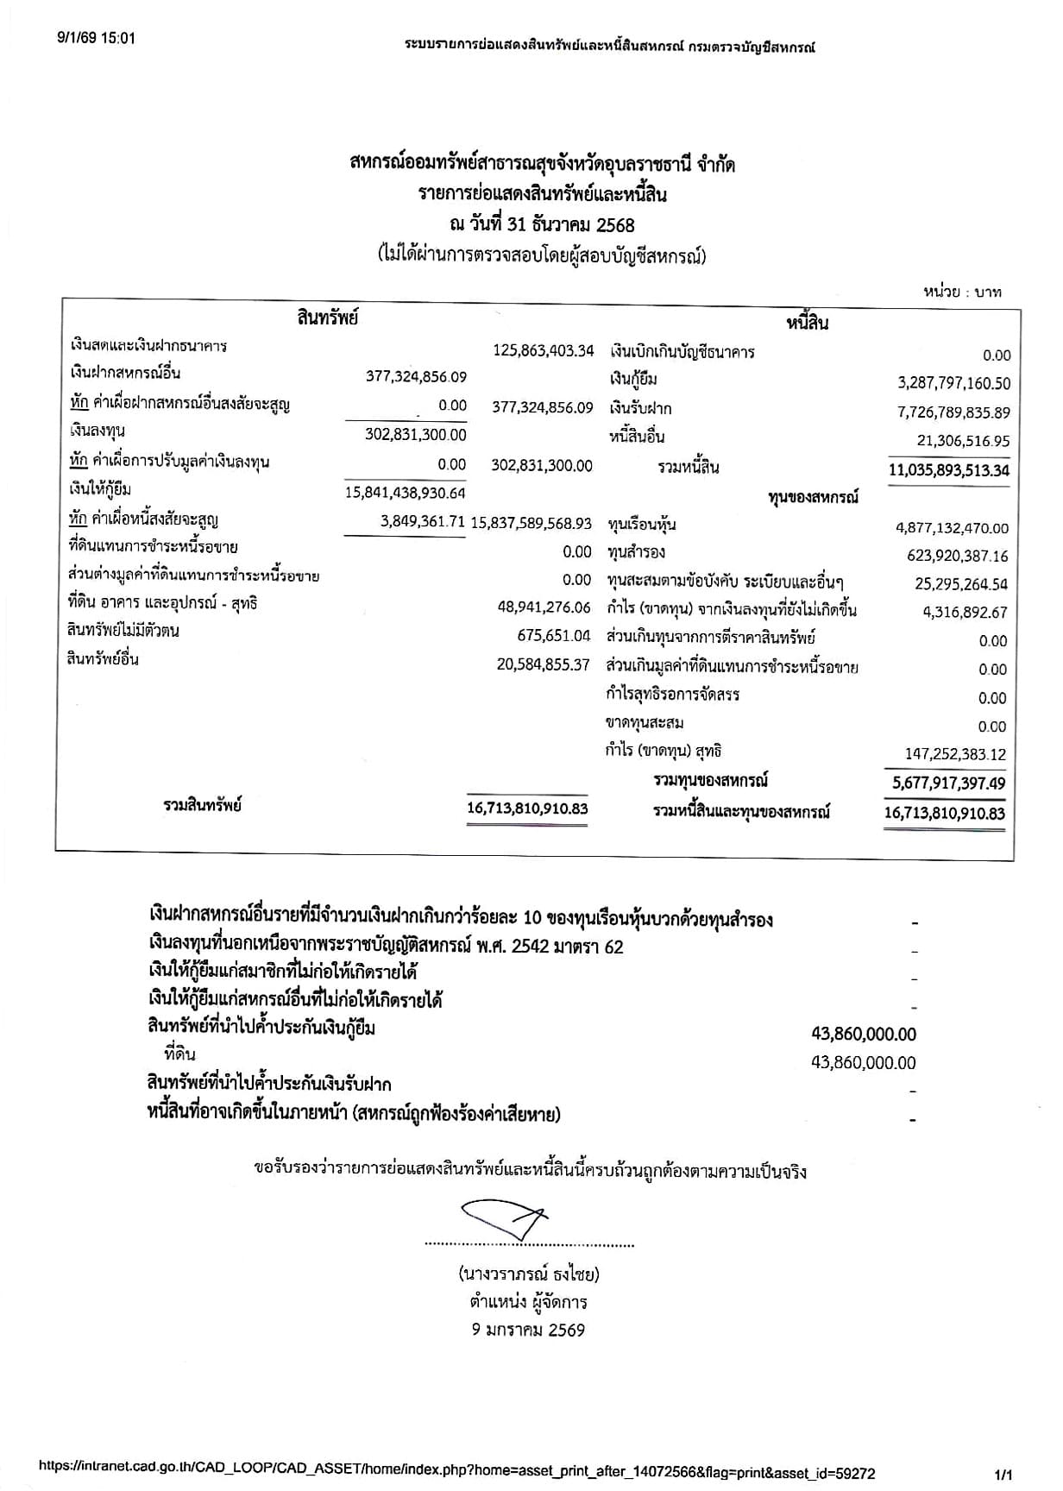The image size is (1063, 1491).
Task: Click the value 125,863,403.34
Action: (543, 350)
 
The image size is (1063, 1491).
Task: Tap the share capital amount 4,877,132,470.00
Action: (952, 528)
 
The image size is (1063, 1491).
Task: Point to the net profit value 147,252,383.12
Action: (955, 754)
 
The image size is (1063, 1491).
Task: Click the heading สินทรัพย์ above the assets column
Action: (327, 317)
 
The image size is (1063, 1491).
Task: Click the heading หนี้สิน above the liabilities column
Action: (807, 323)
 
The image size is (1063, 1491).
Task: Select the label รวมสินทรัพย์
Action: (202, 806)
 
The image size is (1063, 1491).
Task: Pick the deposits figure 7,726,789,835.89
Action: (953, 412)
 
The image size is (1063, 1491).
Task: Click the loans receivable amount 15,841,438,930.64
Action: (405, 493)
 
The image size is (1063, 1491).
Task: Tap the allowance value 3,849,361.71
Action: (423, 522)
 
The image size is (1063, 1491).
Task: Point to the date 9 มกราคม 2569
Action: (528, 1330)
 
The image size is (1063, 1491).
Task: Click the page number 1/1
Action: (1003, 1475)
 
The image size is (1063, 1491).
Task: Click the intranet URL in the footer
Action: (457, 1473)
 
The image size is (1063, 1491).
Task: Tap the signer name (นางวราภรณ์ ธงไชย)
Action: (529, 1274)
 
